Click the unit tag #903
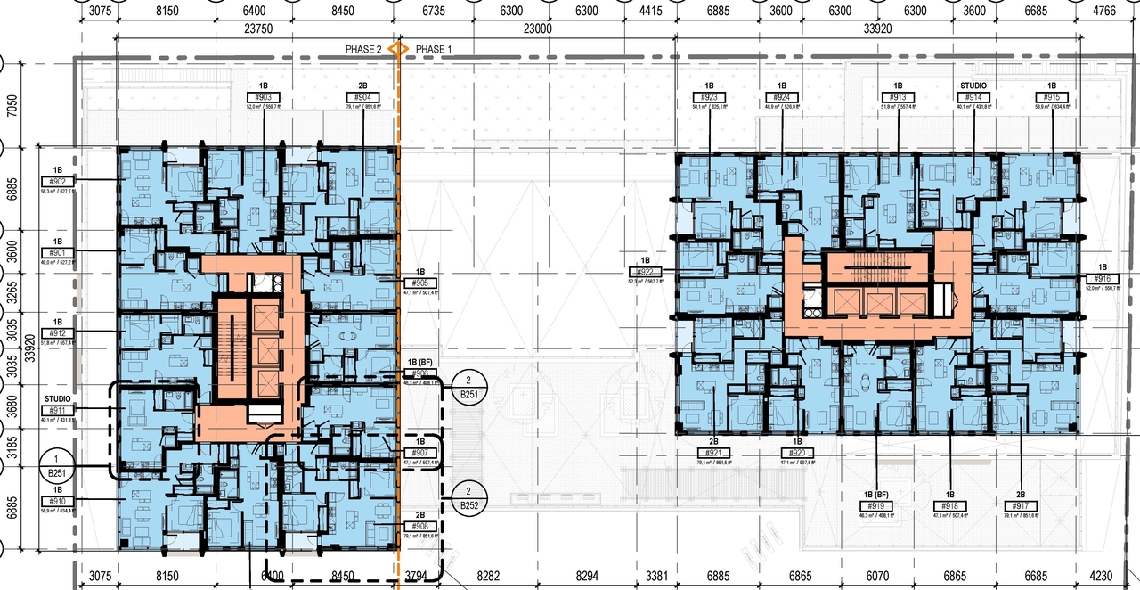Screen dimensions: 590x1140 [265, 97]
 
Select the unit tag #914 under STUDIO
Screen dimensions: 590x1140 [973, 97]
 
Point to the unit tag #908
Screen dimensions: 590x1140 [419, 527]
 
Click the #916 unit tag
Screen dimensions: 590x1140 [1102, 279]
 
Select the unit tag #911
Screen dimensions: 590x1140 [58, 411]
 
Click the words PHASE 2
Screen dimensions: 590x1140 [364, 49]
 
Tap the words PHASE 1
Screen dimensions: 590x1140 [433, 49]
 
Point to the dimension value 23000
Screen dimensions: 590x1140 [536, 29]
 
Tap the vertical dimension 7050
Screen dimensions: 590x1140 [12, 106]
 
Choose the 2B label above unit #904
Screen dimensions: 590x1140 [362, 86]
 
